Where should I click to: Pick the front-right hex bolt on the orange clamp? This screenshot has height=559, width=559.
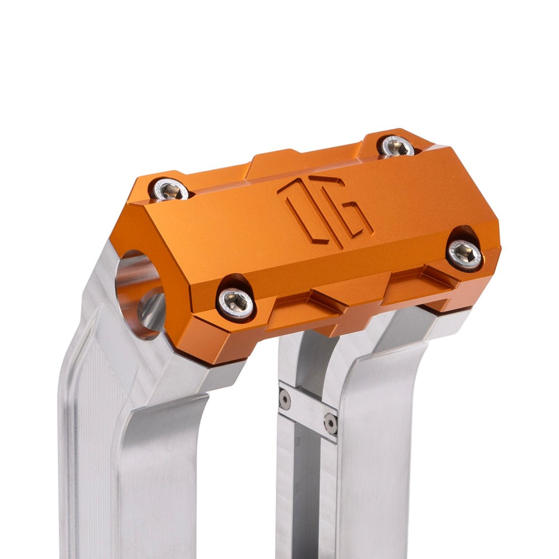coord(465,254)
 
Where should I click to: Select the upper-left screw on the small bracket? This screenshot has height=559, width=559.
coord(285,399)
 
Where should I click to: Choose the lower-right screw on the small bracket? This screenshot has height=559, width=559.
coord(331,424)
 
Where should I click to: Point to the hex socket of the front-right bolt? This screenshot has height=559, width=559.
coord(465,254)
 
